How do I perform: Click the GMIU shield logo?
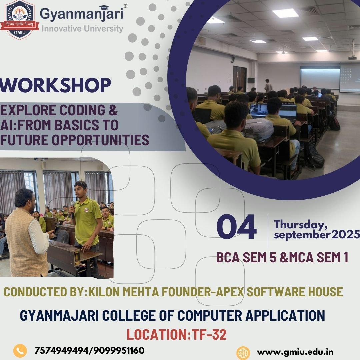(x=20, y=19)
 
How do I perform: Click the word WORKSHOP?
(x=55, y=85)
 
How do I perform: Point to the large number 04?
(x=236, y=227)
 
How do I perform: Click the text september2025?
(x=317, y=235)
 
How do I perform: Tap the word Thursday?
(x=301, y=224)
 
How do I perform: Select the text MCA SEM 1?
(x=319, y=257)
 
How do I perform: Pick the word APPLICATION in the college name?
(x=285, y=315)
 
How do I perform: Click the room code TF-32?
(x=209, y=334)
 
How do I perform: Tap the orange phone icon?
(x=20, y=351)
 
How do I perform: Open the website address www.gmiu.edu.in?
(x=295, y=352)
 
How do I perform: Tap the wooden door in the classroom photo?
(x=240, y=79)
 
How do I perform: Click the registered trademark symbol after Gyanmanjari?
(x=125, y=6)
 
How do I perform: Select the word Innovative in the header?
(x=61, y=29)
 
